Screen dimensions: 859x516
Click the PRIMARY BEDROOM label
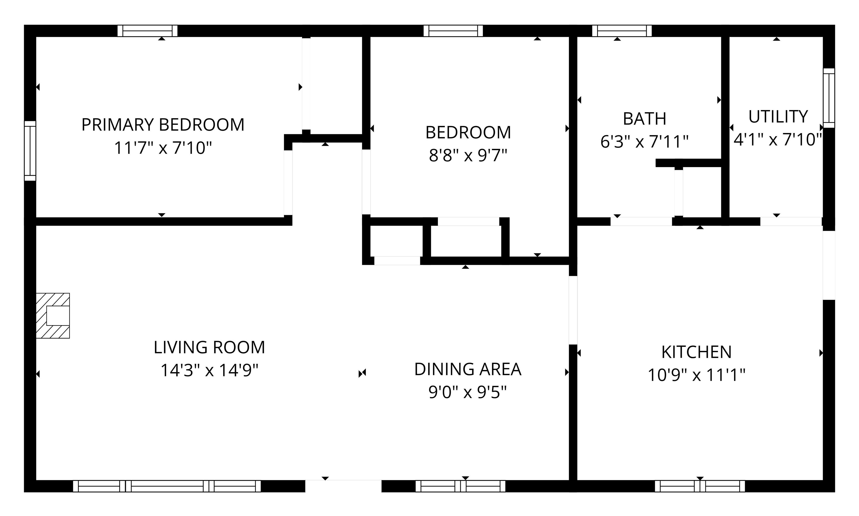tap(163, 125)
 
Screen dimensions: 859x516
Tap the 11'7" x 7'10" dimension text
tap(163, 148)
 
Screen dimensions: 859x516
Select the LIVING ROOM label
tap(209, 347)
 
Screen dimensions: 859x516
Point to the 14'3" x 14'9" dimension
tap(209, 370)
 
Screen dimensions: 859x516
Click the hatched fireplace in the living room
tap(53, 315)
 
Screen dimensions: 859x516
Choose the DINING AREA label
tap(468, 369)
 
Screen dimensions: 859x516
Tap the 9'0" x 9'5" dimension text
tap(468, 392)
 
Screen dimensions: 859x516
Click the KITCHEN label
tap(697, 352)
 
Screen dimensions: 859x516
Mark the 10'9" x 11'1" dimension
tap(697, 375)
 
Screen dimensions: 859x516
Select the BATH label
tap(644, 119)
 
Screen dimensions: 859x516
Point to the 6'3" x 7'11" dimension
tap(644, 142)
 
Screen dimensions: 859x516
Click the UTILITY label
tap(778, 117)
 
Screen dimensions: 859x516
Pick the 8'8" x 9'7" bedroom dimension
tap(468, 155)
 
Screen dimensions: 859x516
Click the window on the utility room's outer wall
tap(829, 98)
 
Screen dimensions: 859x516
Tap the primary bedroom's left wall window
tap(30, 151)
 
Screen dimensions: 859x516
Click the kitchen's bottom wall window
tap(700, 486)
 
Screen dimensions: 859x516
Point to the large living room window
tap(167, 486)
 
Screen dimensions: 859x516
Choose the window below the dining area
tap(460, 486)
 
